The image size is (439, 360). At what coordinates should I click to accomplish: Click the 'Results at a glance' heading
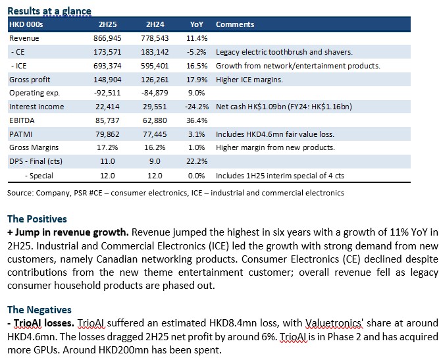coord(49,11)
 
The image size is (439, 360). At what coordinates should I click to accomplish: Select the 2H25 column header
coord(107,24)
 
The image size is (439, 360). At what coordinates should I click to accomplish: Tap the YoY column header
coord(197,24)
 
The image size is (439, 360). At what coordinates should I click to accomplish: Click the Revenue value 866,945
coord(107,38)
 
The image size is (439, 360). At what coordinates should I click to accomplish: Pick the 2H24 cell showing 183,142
coord(155,52)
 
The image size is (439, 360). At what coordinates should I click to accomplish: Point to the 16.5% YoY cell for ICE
coord(197,66)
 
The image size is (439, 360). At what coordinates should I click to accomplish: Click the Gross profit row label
coord(30,80)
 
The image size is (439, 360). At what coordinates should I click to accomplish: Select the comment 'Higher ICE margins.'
coord(249,80)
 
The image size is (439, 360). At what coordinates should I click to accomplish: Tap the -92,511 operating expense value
coord(107,93)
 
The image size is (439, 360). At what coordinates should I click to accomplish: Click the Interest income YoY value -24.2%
coord(197,107)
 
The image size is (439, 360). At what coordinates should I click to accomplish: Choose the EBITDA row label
coord(22,120)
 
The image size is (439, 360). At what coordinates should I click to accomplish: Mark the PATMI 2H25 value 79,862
coord(107,134)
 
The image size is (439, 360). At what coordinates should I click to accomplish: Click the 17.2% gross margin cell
coord(107,147)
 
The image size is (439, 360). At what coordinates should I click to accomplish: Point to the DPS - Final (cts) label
coord(36,161)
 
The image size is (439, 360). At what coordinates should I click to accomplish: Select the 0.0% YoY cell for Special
coord(197,176)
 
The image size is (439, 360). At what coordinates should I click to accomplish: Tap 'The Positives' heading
coord(38,219)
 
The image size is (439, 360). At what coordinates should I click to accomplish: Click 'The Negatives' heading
coord(39,309)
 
